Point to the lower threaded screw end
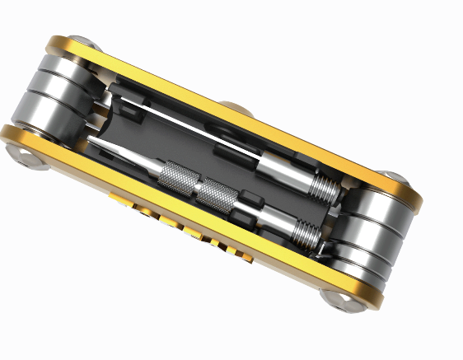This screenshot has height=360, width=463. pyautogui.click(x=306, y=233)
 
